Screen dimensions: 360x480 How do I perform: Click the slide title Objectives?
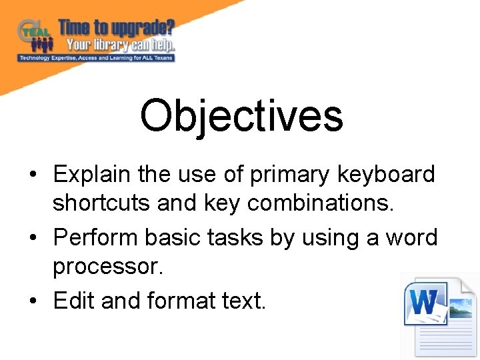[x=241, y=115]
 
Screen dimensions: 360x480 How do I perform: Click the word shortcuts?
[x=102, y=203]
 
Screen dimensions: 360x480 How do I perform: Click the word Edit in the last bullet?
[x=74, y=301]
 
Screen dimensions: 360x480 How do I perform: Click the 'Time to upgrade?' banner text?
[x=117, y=28]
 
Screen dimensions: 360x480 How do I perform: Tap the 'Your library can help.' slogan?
[x=120, y=45]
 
